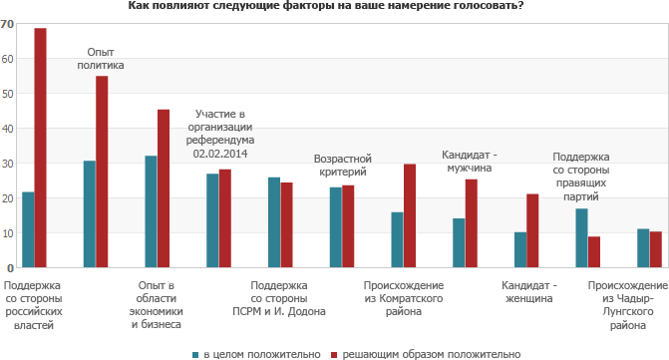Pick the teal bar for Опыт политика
coord(89,214)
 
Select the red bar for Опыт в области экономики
coord(164,188)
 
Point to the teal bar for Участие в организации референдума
coord(212,220)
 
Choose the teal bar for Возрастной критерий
coord(336,227)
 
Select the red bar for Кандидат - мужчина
coord(472,223)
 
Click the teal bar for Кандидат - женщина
coord(520,250)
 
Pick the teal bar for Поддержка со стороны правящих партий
coord(581,238)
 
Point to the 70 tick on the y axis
coord(7,24)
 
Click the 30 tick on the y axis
coord(7,164)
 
